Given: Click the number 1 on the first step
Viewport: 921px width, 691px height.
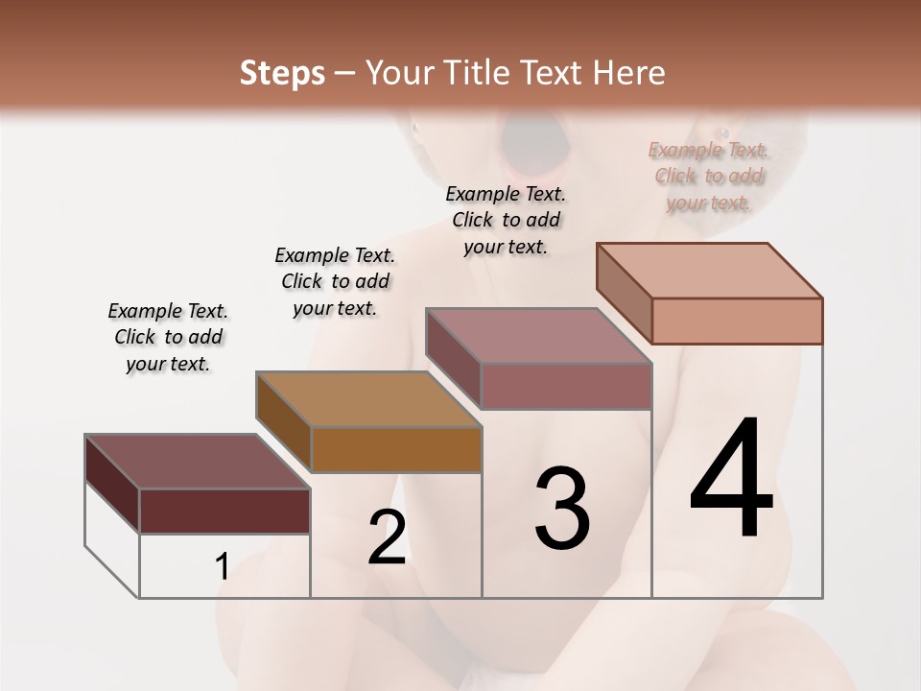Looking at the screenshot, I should pyautogui.click(x=223, y=566).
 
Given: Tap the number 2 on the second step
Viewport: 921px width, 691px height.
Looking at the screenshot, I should pyautogui.click(x=387, y=536).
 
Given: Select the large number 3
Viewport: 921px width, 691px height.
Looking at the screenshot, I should pyautogui.click(x=562, y=509).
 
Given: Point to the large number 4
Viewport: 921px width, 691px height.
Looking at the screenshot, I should pyautogui.click(x=732, y=480).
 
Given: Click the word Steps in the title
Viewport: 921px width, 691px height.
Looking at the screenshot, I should pyautogui.click(x=282, y=73).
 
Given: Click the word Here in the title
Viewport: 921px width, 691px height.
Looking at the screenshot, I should pyautogui.click(x=629, y=73).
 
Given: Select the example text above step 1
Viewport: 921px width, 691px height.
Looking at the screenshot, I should pyautogui.click(x=168, y=337).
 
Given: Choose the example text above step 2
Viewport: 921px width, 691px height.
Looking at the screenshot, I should pyautogui.click(x=335, y=281).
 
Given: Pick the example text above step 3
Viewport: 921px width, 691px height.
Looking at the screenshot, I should pyautogui.click(x=506, y=220).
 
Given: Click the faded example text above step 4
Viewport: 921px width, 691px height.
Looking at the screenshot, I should pyautogui.click(x=709, y=176).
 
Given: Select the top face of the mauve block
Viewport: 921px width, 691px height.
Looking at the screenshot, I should pyautogui.click(x=538, y=336).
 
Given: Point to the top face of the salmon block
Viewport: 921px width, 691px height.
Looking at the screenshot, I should pyautogui.click(x=709, y=271).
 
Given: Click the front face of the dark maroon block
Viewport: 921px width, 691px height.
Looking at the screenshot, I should pyautogui.click(x=224, y=511).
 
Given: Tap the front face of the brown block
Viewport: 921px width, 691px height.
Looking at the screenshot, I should pyautogui.click(x=396, y=449).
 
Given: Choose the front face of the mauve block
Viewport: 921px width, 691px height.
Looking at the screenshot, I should pyautogui.click(x=566, y=386).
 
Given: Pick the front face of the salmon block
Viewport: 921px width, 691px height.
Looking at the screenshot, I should pyautogui.click(x=737, y=321).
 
